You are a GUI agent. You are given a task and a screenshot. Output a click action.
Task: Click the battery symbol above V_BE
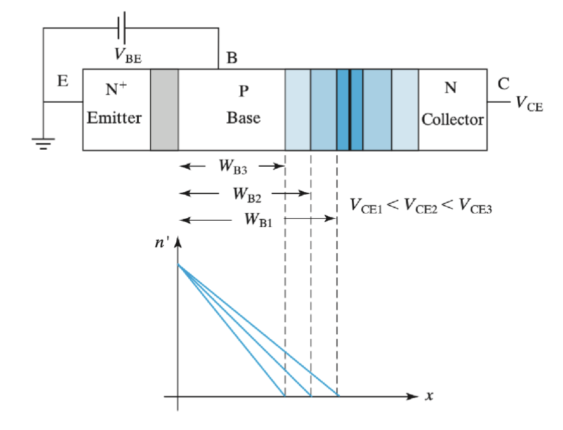tap(123, 28)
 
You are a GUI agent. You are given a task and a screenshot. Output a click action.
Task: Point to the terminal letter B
tap(232, 60)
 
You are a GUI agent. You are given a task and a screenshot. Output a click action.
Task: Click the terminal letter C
tap(503, 83)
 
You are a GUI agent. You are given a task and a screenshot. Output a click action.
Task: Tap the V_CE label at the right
tap(528, 103)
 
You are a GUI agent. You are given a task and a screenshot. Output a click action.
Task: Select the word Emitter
tap(114, 118)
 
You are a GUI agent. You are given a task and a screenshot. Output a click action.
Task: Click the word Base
tap(243, 118)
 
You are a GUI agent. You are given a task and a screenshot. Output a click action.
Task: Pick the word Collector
tap(453, 119)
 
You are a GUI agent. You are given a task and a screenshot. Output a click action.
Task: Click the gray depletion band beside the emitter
tap(164, 110)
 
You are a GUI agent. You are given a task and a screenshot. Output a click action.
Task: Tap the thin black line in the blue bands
tap(349, 110)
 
